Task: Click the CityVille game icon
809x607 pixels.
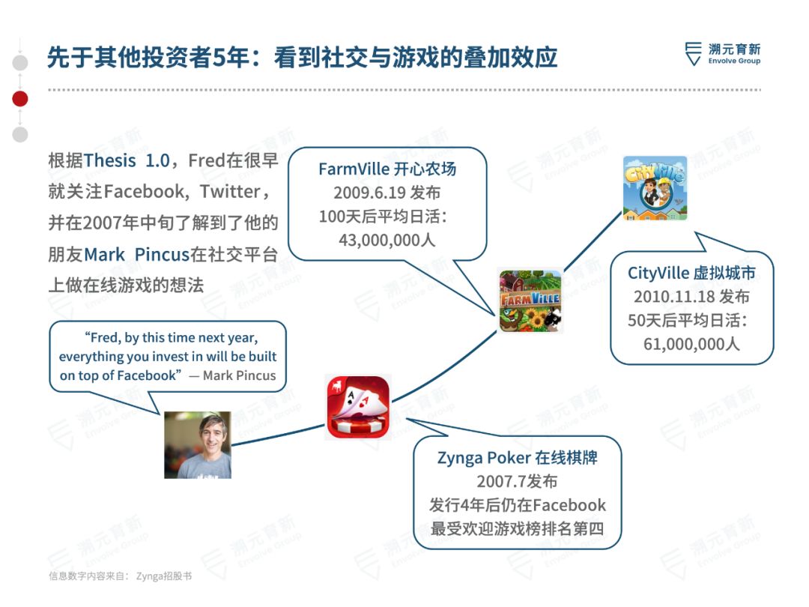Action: tap(655, 188)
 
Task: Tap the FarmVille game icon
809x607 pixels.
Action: tap(530, 301)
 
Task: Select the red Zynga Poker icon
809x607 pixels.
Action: tap(358, 407)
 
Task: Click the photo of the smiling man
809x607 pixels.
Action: tap(198, 445)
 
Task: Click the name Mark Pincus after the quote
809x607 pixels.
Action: tap(240, 375)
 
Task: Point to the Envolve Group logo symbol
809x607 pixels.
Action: tap(694, 53)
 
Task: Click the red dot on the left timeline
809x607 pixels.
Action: tap(20, 98)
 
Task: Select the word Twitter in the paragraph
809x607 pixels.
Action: tap(230, 192)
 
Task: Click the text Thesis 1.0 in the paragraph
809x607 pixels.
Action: tap(127, 160)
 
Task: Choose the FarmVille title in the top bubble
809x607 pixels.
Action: tap(354, 169)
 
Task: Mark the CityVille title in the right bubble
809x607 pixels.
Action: tap(658, 273)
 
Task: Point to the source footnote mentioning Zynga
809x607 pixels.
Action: tap(120, 576)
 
